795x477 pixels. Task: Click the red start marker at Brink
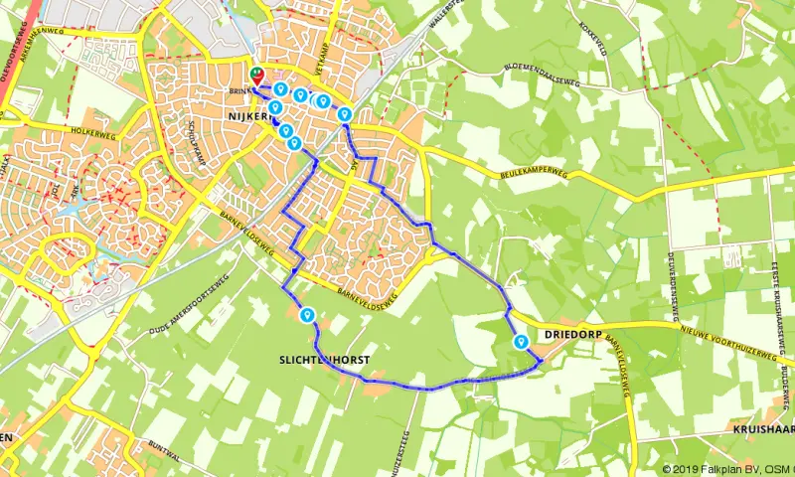[x=256, y=75]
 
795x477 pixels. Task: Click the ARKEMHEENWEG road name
[x=51, y=29]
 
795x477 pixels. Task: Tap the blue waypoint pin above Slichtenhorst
[x=307, y=316]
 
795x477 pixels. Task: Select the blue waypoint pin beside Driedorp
[x=521, y=342]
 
